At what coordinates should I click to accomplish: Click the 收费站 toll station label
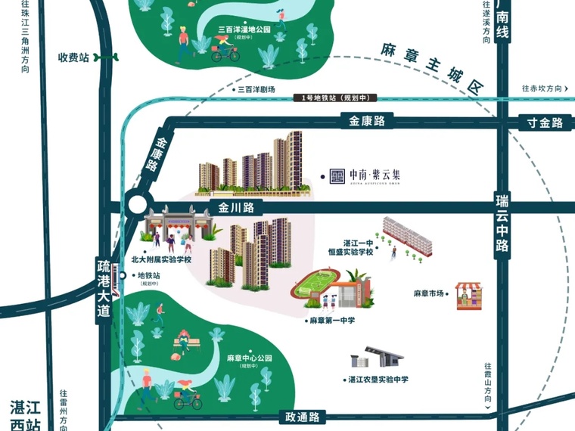pyautogui.click(x=74, y=57)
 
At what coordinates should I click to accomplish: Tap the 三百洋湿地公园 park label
pyautogui.click(x=243, y=31)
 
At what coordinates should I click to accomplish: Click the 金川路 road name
pyautogui.click(x=235, y=206)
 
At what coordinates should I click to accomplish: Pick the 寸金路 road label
pyautogui.click(x=545, y=122)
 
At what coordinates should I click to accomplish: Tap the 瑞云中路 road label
pyautogui.click(x=503, y=223)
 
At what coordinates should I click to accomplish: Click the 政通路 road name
pyautogui.click(x=302, y=417)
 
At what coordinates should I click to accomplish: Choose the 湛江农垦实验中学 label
pyautogui.click(x=378, y=380)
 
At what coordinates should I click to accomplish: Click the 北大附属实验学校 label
pyautogui.click(x=161, y=259)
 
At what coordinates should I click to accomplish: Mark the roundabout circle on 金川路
pyautogui.click(x=138, y=206)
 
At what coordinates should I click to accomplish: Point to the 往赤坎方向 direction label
pyautogui.click(x=542, y=88)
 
